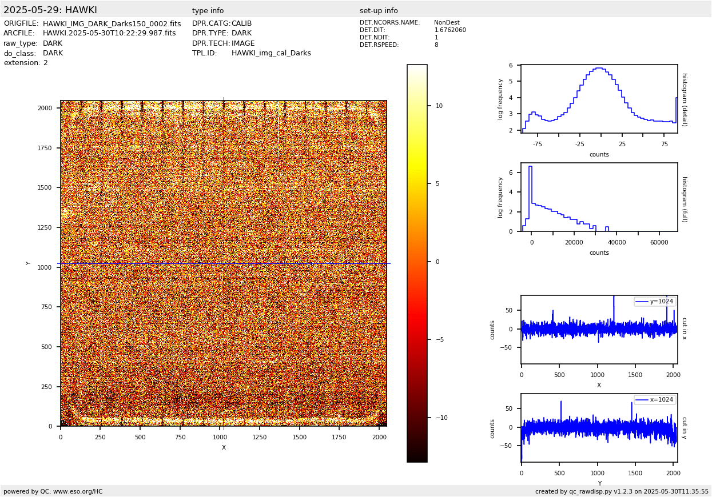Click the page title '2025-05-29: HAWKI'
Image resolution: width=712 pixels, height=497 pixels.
point(50,10)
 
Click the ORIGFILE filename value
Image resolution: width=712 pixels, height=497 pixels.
point(112,24)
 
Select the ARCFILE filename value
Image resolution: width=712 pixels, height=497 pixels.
point(109,33)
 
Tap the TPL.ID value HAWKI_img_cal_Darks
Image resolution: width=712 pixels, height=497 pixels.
point(271,53)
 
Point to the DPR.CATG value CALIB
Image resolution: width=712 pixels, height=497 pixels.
point(241,23)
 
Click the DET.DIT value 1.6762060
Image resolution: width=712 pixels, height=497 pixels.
point(450,30)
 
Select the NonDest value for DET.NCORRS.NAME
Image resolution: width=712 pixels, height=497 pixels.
point(447,23)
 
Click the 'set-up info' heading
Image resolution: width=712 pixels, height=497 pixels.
point(379,11)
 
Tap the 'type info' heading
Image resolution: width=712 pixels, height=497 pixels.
point(208,11)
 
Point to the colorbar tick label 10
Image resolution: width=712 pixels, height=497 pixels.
point(439,106)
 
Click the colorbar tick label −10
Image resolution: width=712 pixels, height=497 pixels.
point(442,418)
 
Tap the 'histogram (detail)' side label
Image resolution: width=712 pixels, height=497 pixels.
point(684,99)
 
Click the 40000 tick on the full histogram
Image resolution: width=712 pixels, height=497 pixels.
point(616,242)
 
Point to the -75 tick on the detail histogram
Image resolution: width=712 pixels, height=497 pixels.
point(537,144)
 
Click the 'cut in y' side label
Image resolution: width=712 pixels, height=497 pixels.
point(684,428)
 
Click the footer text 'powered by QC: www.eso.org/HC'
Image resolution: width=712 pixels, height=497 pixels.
point(53,491)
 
